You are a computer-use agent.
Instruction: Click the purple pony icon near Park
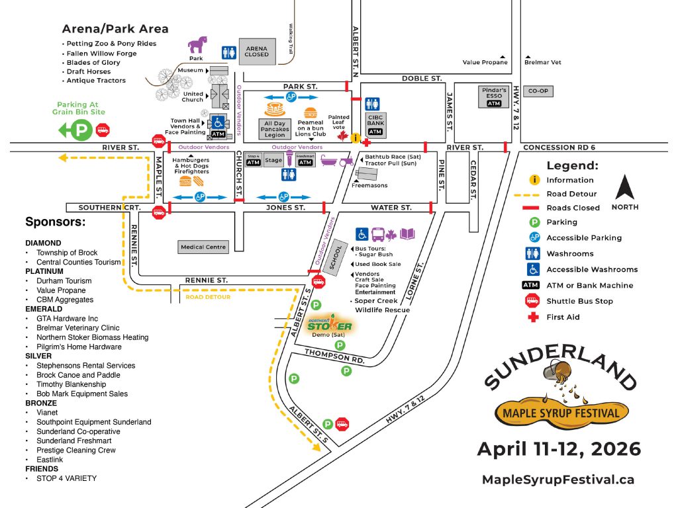pos(197,44)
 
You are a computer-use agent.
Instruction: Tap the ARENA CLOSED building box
pos(257,50)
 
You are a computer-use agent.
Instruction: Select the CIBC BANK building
pos(375,124)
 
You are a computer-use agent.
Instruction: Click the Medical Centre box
pos(203,247)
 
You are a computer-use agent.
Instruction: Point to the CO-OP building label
pos(538,91)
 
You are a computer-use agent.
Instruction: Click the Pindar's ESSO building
pos(494,97)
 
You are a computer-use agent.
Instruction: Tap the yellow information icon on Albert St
pos(356,138)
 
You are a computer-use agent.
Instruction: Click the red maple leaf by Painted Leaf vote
pos(343,136)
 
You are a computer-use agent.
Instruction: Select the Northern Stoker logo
pos(329,324)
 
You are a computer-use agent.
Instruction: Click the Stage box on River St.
pos(272,160)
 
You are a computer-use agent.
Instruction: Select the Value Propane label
pos(485,62)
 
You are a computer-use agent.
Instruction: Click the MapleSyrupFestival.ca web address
pos(558,480)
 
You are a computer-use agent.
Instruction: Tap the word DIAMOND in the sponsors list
pos(43,243)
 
